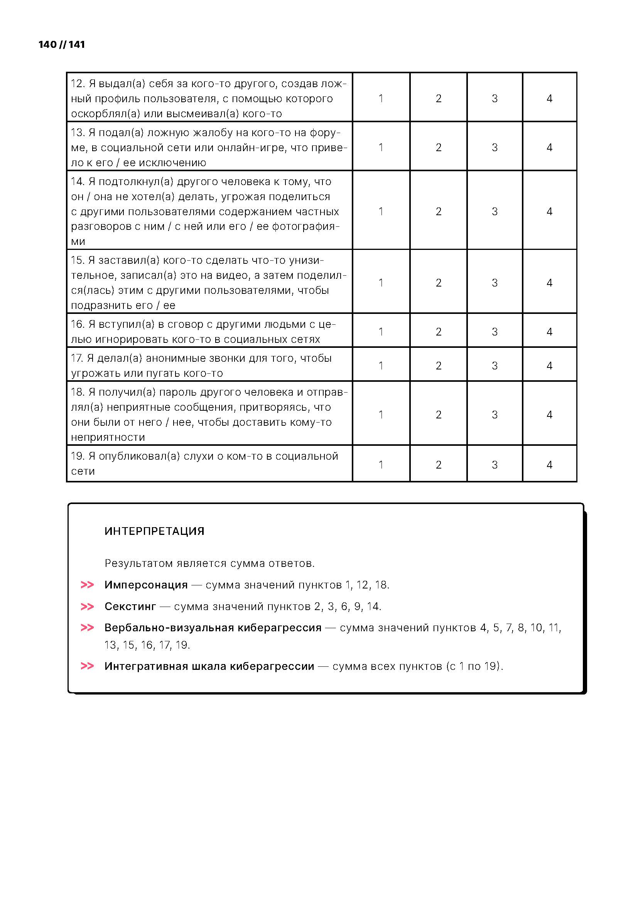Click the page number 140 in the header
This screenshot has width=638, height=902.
pyautogui.click(x=47, y=44)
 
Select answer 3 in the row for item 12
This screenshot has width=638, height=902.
pyautogui.click(x=495, y=98)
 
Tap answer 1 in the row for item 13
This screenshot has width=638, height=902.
pyautogui.click(x=381, y=147)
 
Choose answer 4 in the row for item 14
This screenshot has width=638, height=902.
pyautogui.click(x=549, y=211)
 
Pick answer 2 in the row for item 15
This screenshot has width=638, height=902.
pyautogui.click(x=439, y=282)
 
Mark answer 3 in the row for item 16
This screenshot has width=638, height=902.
pyautogui.click(x=495, y=332)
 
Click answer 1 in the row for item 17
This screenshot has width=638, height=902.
pyautogui.click(x=381, y=366)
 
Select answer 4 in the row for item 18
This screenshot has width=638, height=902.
pyautogui.click(x=549, y=415)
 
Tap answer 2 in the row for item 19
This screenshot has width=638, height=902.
pyautogui.click(x=439, y=465)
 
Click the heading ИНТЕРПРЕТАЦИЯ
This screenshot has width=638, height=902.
pyautogui.click(x=154, y=531)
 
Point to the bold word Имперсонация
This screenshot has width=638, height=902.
pyautogui.click(x=146, y=585)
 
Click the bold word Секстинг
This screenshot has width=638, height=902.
pyautogui.click(x=130, y=607)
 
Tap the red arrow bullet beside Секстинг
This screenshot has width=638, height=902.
pyautogui.click(x=87, y=607)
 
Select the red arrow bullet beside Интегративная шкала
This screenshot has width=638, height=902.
pyautogui.click(x=87, y=666)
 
